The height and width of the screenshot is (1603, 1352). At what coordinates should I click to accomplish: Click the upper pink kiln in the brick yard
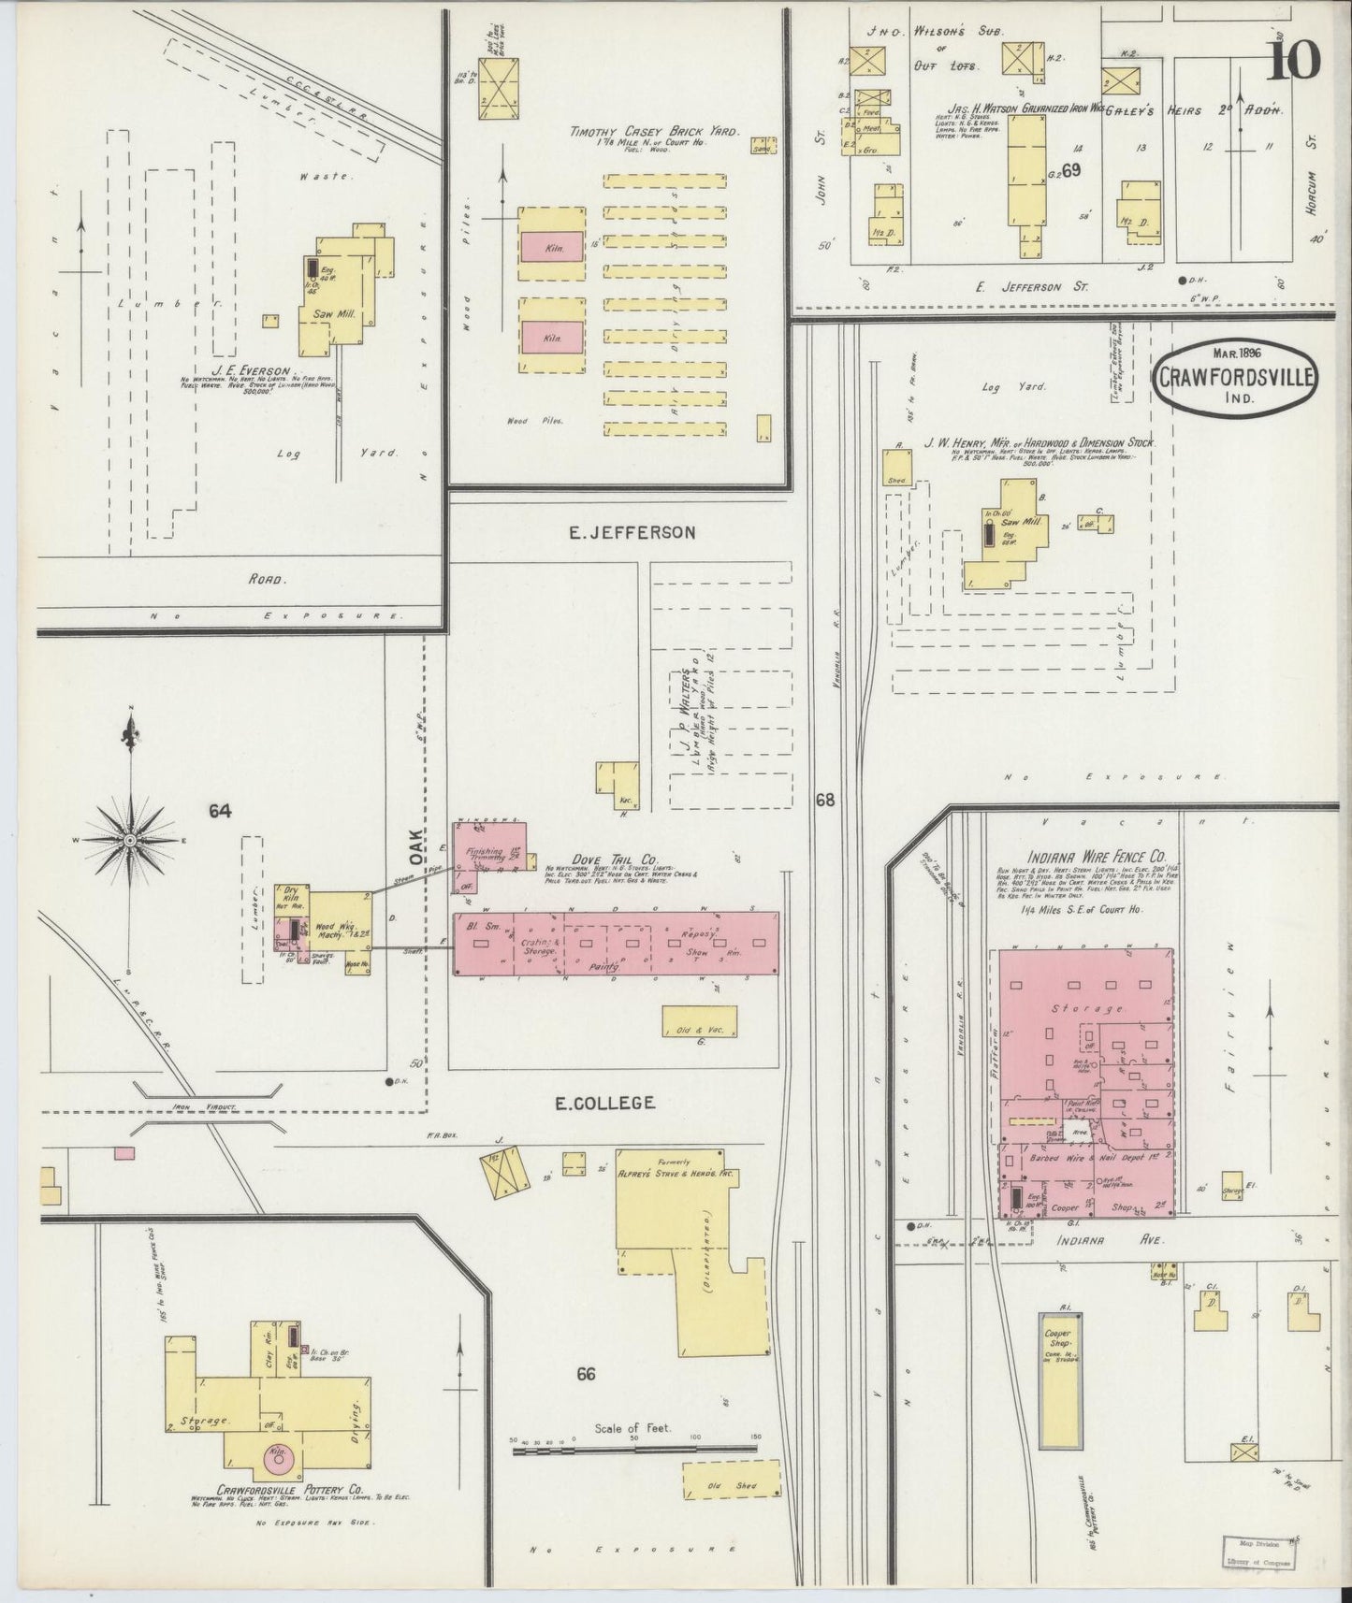tap(552, 246)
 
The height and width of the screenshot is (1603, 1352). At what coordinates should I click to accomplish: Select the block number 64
tap(220, 812)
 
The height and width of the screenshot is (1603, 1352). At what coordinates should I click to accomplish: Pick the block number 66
tap(587, 1374)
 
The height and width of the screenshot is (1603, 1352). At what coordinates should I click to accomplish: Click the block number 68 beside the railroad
tap(824, 800)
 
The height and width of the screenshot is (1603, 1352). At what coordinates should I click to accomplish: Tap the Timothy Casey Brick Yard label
tap(655, 133)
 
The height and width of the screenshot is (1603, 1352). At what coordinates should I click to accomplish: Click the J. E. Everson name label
tap(254, 371)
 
